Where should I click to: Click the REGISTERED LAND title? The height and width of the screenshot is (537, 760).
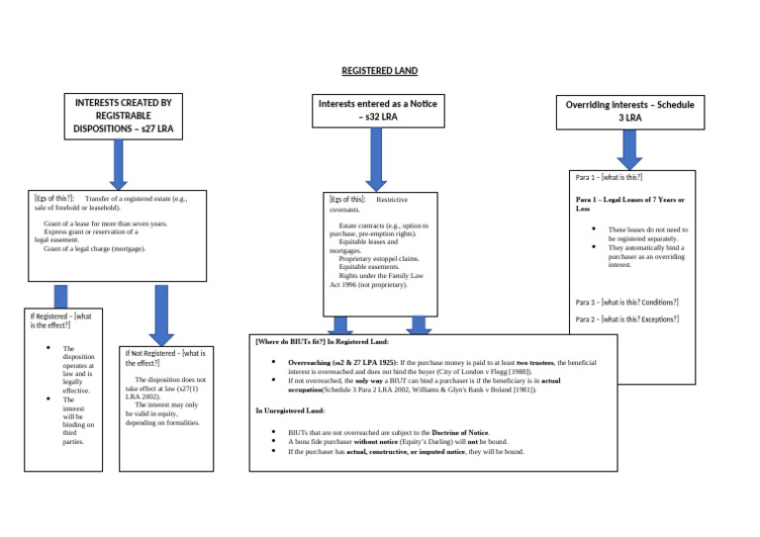tap(380, 71)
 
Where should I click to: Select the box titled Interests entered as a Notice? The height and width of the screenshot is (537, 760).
tap(377, 110)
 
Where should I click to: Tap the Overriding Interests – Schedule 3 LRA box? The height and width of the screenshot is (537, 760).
tap(630, 111)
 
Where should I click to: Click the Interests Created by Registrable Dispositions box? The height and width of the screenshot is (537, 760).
tap(124, 116)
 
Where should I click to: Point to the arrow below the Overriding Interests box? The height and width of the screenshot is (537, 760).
tap(630, 149)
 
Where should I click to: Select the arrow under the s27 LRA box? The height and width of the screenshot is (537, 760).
tap(119, 164)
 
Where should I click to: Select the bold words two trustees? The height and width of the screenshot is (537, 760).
tap(534, 364)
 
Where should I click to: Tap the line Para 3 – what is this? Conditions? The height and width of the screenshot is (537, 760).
tap(627, 302)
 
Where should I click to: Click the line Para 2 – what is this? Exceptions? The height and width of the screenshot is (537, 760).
tap(627, 319)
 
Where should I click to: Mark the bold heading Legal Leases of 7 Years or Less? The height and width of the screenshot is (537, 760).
tap(630, 205)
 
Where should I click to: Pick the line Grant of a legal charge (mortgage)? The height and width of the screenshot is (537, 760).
tap(94, 249)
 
